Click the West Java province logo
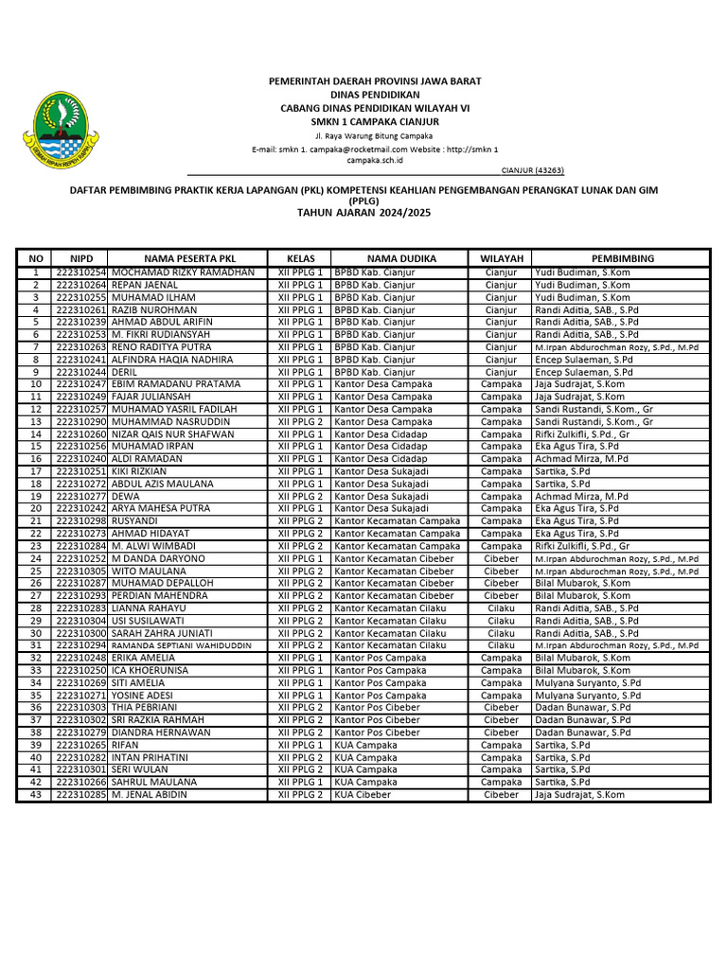(62, 129)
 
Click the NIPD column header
(81, 258)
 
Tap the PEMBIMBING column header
(622, 258)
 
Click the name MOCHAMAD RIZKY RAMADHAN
(183, 273)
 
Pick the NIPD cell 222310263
(80, 347)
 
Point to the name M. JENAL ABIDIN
(149, 795)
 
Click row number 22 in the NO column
(36, 534)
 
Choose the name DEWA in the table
(125, 496)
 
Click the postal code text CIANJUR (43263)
(532, 170)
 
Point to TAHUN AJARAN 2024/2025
(363, 214)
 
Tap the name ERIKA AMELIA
(143, 658)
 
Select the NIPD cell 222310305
(80, 571)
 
